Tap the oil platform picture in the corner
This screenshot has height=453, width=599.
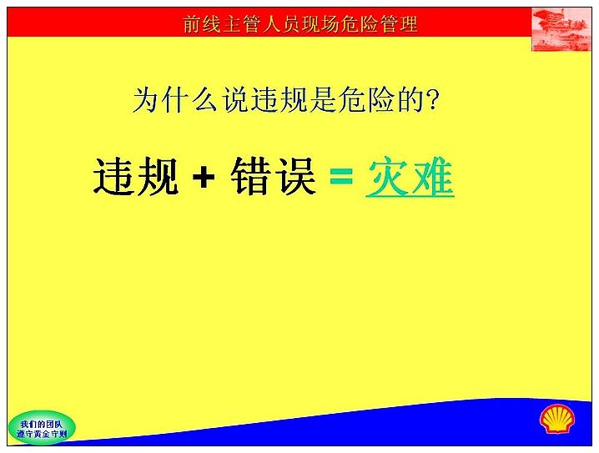pyautogui.click(x=561, y=29)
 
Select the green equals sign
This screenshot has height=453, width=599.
pyautogui.click(x=340, y=177)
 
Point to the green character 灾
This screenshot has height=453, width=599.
pyautogui.click(x=387, y=177)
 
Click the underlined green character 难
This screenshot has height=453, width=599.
pyautogui.click(x=432, y=177)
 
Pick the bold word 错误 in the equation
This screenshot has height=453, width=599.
pyautogui.click(x=273, y=177)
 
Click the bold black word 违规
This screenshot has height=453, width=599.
pyautogui.click(x=136, y=177)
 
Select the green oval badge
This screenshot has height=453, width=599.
pyautogui.click(x=42, y=428)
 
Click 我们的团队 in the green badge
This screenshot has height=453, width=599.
pyautogui.click(x=41, y=424)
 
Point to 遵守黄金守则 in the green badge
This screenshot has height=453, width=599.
pyautogui.click(x=42, y=434)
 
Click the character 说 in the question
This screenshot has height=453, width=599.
pyautogui.click(x=236, y=100)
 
